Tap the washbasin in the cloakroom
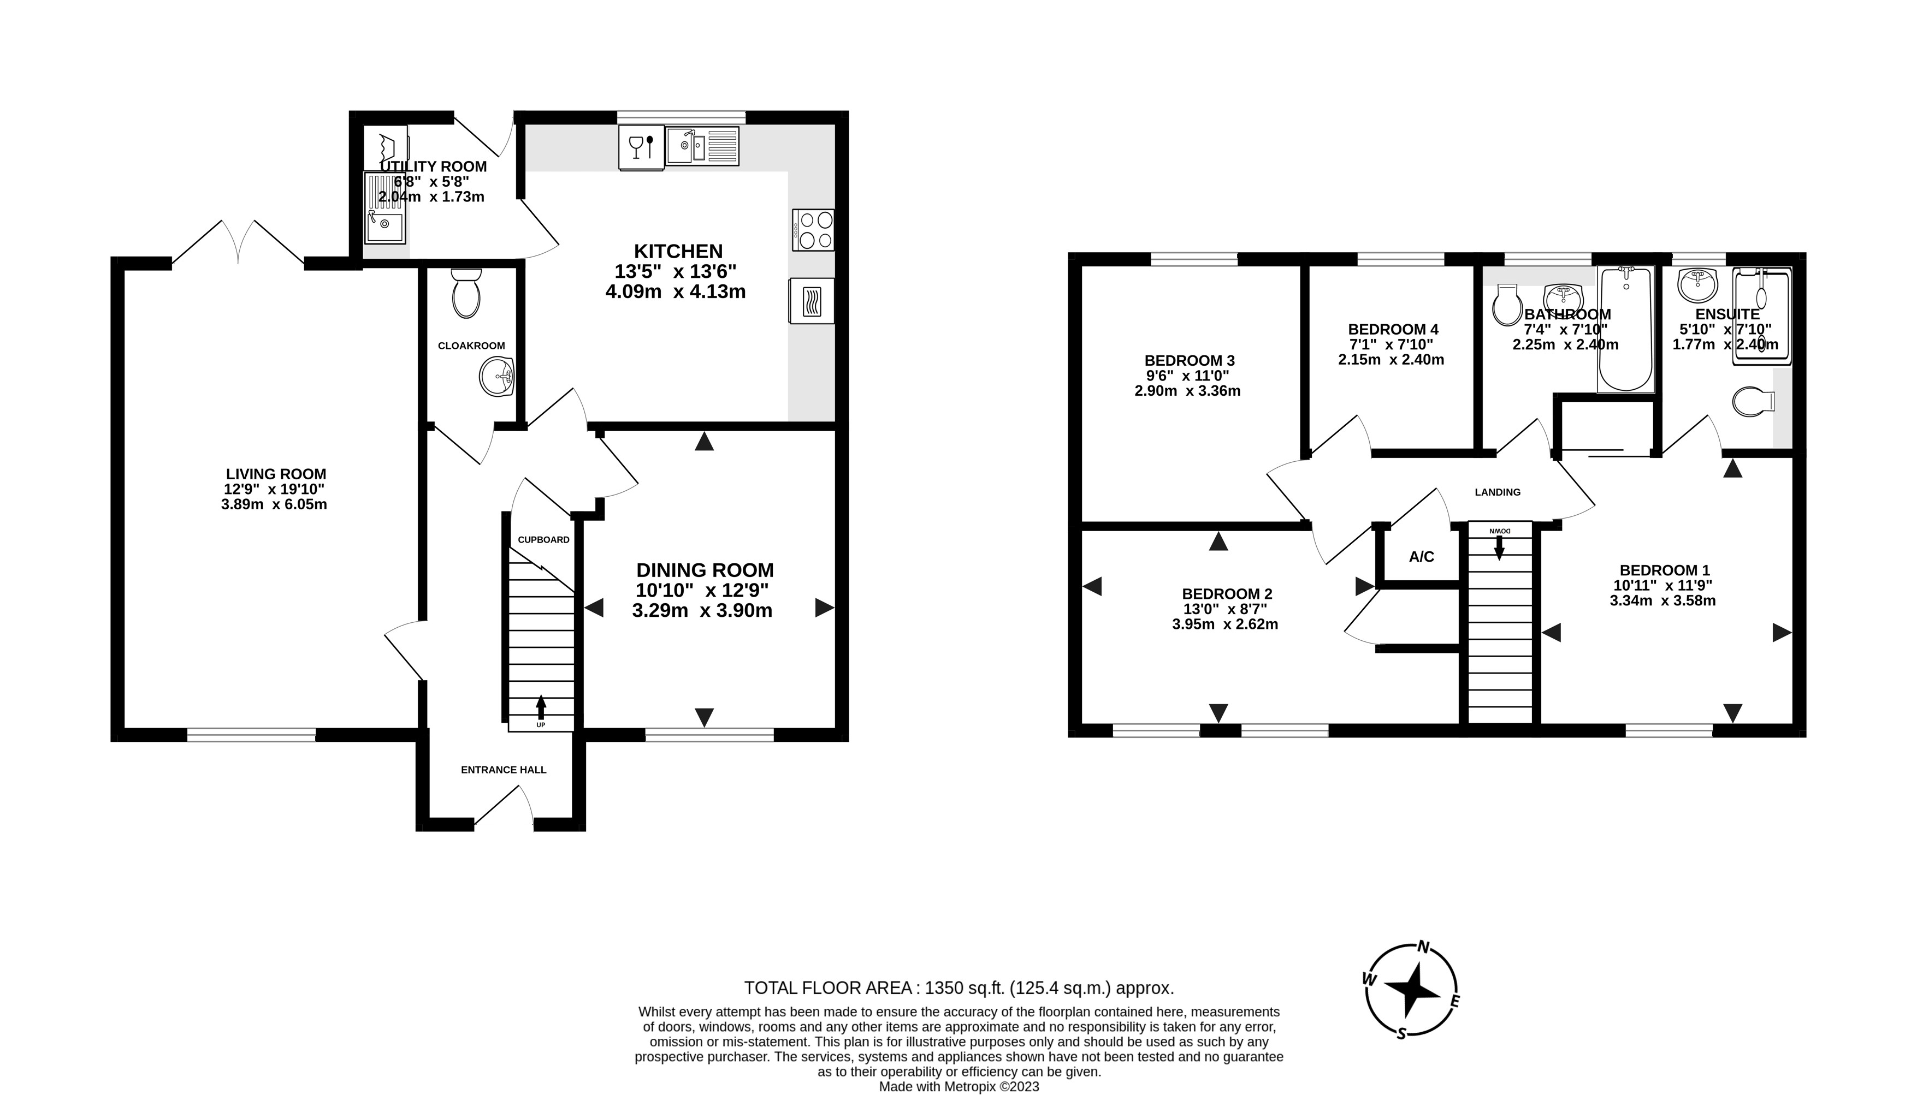(x=496, y=376)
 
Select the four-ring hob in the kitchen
(x=813, y=230)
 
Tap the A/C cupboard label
(x=1421, y=557)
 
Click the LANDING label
(x=1497, y=492)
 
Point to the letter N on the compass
(x=1423, y=948)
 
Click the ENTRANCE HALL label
(x=504, y=769)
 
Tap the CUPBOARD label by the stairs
(x=543, y=539)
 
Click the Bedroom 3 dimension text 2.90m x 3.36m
(x=1187, y=391)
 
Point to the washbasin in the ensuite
(x=1697, y=283)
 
